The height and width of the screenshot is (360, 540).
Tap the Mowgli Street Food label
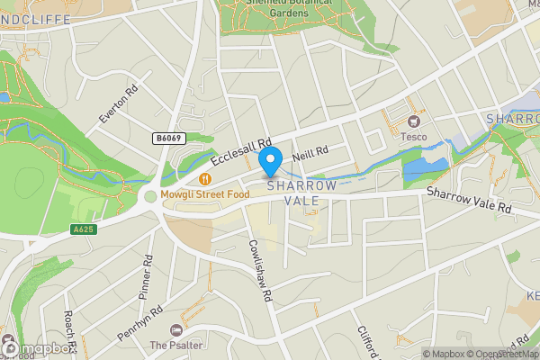click(x=204, y=194)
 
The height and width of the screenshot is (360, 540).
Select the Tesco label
click(x=414, y=137)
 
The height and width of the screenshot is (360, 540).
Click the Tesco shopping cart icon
click(x=414, y=121)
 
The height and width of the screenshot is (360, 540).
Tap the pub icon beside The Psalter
click(x=174, y=329)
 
